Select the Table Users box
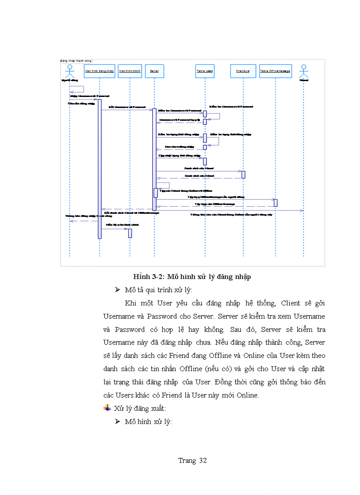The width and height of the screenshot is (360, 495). (x=205, y=71)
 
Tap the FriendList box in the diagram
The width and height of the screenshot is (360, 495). (x=243, y=71)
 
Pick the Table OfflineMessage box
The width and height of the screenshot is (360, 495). (x=275, y=71)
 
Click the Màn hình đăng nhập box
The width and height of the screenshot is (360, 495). (x=99, y=71)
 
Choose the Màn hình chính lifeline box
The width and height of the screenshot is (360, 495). (x=130, y=71)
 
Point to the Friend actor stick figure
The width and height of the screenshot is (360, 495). (x=304, y=71)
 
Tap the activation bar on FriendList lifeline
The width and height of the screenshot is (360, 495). (x=243, y=175)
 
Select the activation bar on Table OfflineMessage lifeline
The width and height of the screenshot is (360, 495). (x=275, y=203)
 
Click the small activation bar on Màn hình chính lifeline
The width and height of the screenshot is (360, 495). (x=130, y=233)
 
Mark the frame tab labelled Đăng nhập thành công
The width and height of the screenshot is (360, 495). (x=76, y=61)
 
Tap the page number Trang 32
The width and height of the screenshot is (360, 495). (x=192, y=461)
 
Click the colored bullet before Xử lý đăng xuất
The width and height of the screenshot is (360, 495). (x=107, y=408)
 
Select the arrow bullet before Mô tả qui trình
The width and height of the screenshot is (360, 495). (x=117, y=290)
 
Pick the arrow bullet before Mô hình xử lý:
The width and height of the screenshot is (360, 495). (x=117, y=421)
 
